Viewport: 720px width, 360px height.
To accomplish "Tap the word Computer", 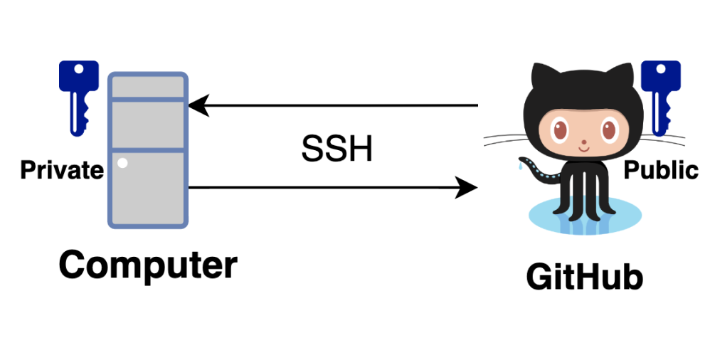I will point(147,265).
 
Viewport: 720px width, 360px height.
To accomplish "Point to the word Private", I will point(61,170).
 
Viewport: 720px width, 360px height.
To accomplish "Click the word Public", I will point(661,170).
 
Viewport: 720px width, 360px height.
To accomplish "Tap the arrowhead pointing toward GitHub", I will point(467,188).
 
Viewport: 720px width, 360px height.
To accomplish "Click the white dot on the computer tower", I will point(122,163).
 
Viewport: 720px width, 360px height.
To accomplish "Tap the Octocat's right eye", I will point(609,131).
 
